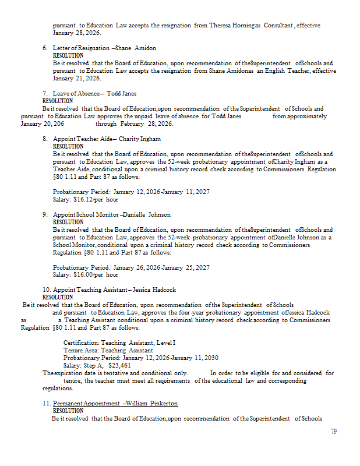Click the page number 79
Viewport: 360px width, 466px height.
point(334,432)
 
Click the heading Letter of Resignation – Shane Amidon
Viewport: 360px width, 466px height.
point(104,48)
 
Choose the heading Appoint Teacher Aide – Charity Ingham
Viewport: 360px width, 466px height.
point(107,139)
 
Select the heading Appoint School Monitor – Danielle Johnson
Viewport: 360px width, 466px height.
point(112,214)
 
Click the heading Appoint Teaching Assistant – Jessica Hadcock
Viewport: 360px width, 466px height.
point(114,290)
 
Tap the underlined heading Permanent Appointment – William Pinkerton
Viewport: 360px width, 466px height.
point(115,403)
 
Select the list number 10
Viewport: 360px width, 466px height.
point(46,290)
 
